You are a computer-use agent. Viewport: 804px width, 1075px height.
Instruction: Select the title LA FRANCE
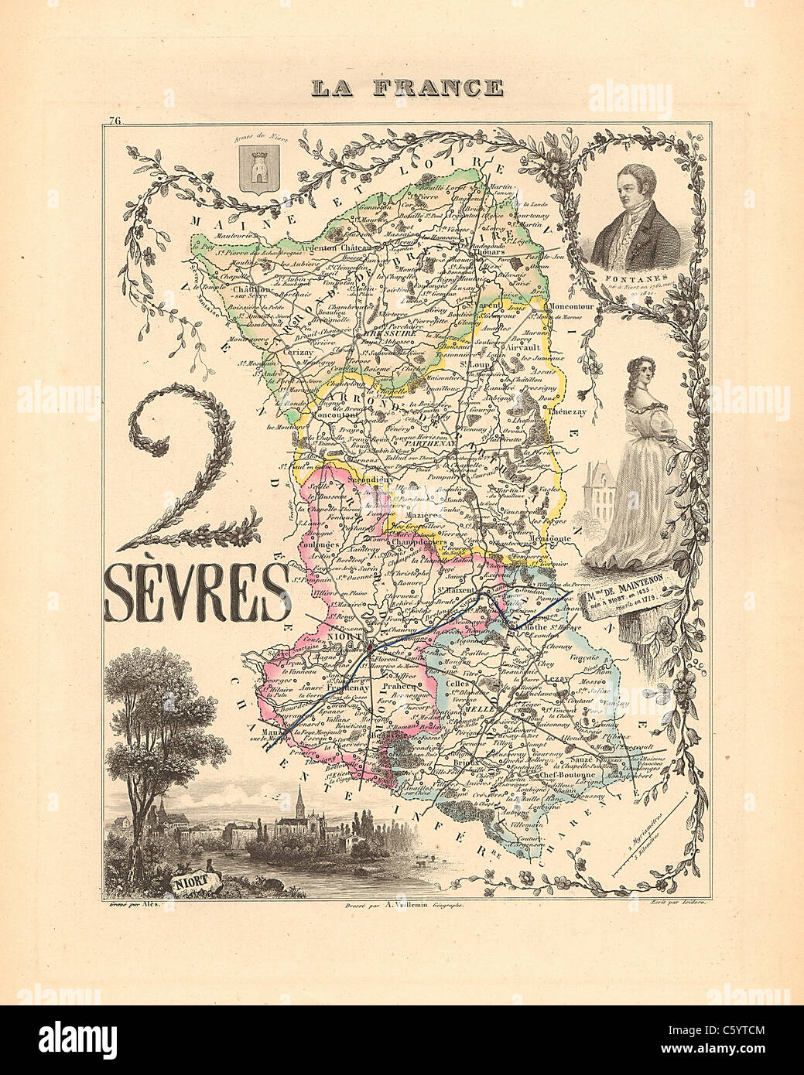[x=406, y=87]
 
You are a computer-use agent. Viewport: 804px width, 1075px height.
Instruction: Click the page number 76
[x=116, y=120]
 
